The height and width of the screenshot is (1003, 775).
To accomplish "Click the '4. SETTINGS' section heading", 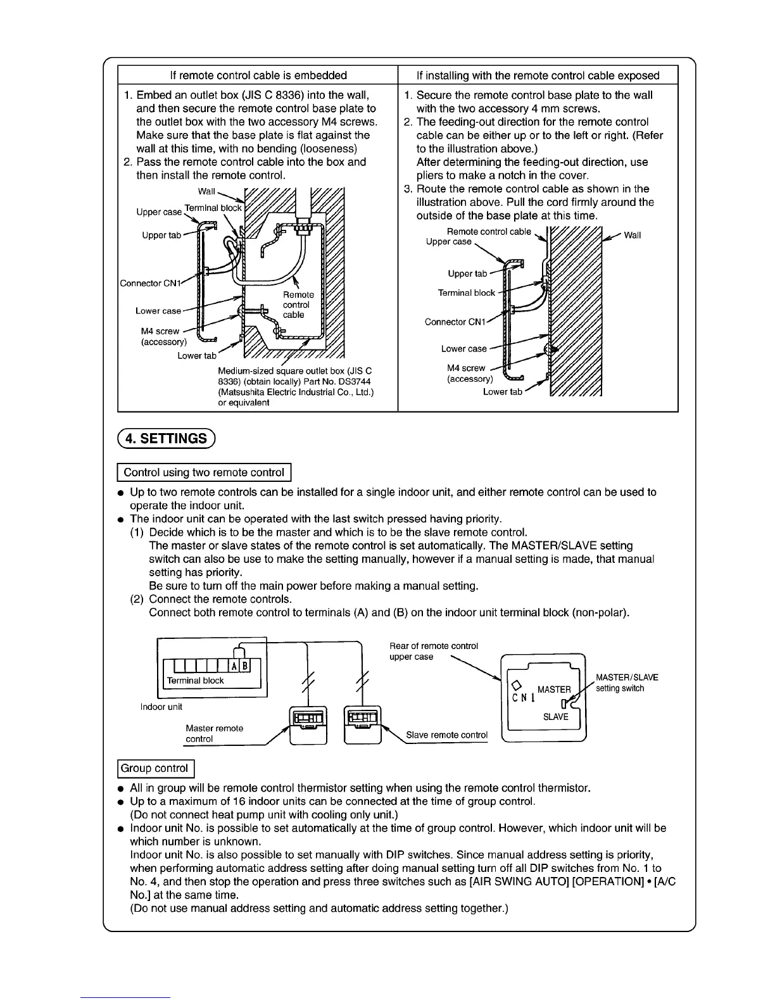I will (167, 438).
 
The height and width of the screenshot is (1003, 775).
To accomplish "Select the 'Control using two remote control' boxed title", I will (204, 472).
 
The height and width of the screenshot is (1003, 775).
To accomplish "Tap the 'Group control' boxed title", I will (154, 768).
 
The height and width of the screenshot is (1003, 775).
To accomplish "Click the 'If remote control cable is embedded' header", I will (258, 75).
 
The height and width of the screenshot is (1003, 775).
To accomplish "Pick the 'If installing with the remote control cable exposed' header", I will (538, 75).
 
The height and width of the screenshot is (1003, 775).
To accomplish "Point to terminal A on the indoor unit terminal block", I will (234, 666).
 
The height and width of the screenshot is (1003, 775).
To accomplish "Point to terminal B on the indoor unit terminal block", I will (245, 666).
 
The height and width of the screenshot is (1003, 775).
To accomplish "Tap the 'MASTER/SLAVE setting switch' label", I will (626, 683).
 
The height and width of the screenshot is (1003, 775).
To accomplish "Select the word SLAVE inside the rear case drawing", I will (556, 717).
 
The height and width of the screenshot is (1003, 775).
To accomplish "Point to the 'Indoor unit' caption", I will (161, 707).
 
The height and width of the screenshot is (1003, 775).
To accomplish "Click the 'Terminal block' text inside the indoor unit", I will (195, 681).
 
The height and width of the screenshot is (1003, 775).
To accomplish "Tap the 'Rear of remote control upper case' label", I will (433, 651).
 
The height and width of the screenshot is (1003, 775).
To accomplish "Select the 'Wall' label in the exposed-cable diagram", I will (632, 236).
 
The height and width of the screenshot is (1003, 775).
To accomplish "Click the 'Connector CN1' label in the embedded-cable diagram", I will (150, 283).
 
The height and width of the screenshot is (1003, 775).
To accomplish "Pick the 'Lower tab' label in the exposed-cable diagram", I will (502, 392).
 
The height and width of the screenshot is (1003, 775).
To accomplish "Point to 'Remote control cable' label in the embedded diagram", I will (298, 305).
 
